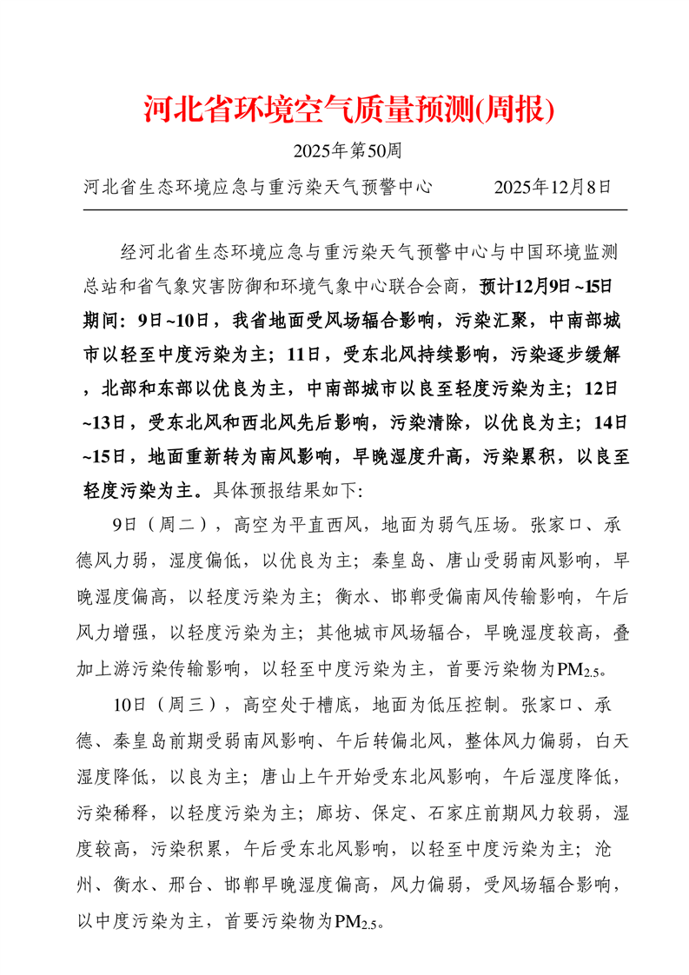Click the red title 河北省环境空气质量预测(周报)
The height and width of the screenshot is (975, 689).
348,109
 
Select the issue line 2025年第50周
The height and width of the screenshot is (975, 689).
347,151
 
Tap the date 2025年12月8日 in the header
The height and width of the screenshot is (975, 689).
553,187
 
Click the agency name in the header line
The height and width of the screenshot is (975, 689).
258,187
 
